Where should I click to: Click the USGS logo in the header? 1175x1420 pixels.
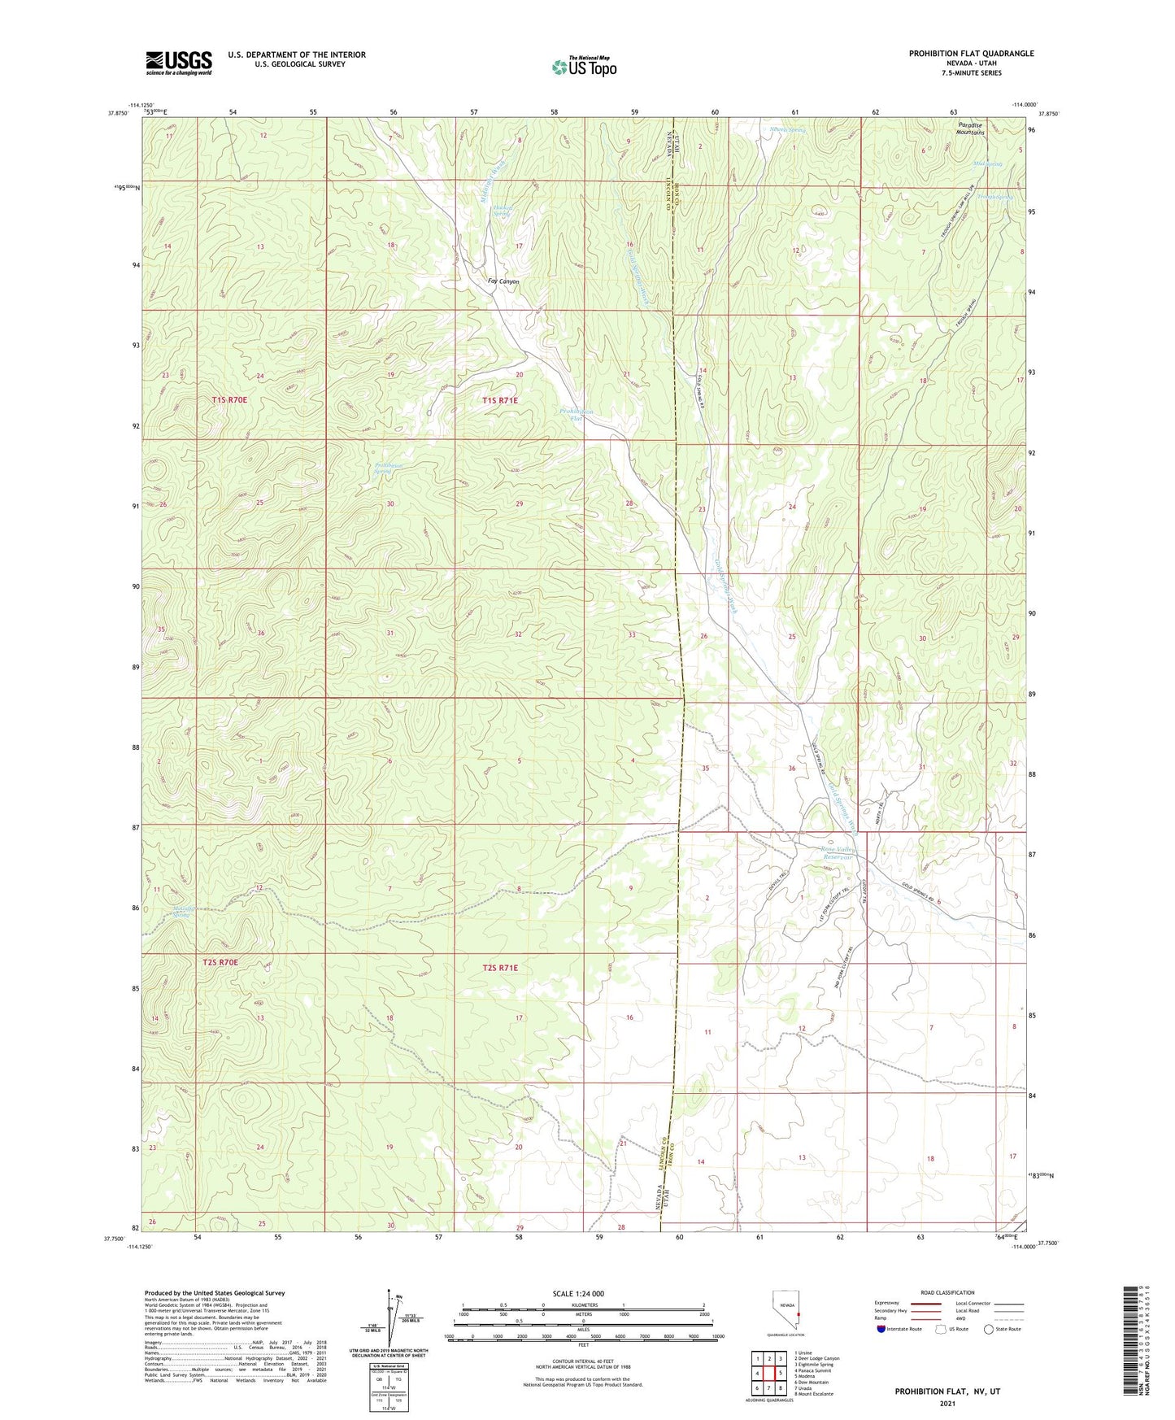pos(179,63)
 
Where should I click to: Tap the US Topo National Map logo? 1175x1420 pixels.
pos(584,66)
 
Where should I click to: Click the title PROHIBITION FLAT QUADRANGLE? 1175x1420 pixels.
pos(971,54)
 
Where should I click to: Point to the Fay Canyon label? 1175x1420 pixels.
pos(503,281)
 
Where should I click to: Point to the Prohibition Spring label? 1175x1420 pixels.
pos(388,468)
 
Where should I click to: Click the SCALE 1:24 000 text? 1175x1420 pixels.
pos(578,1293)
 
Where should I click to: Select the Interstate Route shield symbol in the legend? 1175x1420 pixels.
pos(881,1329)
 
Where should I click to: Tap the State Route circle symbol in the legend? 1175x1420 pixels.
pos(988,1329)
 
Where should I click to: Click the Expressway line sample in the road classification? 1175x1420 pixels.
pos(924,1304)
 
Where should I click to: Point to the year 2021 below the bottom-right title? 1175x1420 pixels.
pos(947,1404)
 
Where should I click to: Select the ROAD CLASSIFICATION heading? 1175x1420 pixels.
pos(947,1292)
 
